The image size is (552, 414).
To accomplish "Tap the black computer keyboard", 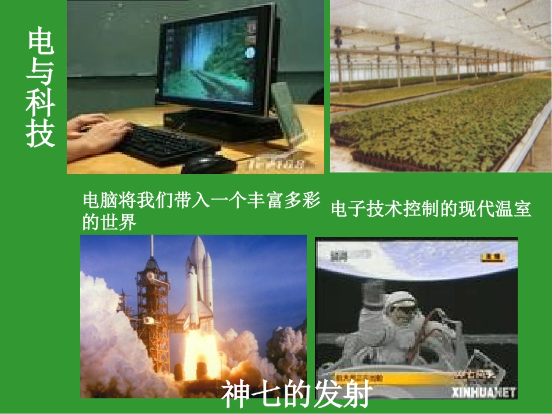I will coord(163,143).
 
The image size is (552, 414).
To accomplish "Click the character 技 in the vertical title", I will coord(40,133).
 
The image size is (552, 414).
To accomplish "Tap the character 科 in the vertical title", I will coord(40,103).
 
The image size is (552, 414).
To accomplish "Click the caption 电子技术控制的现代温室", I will coord(431,208).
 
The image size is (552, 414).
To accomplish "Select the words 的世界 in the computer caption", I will coord(109,221).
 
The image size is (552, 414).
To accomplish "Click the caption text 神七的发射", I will coord(296,395).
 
